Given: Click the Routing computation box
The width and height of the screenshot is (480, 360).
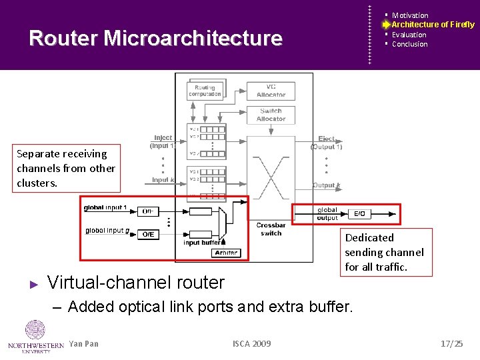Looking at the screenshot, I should [205, 90].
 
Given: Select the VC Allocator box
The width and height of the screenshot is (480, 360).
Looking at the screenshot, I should [271, 91].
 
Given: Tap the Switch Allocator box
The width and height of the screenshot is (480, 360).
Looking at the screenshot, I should [271, 115].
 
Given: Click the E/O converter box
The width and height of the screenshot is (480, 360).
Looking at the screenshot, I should [359, 214].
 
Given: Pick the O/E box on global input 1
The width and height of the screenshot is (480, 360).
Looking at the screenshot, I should [149, 211].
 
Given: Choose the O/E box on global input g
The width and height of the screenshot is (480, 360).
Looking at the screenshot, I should [149, 234].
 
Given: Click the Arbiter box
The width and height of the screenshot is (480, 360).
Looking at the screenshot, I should [225, 253].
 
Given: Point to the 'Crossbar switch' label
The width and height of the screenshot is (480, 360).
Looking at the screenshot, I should [271, 229].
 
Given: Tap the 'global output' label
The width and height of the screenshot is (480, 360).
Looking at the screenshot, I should [327, 214].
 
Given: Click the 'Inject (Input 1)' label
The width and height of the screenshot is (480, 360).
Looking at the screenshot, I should [163, 141].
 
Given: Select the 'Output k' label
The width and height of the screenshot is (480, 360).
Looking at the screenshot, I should [326, 185].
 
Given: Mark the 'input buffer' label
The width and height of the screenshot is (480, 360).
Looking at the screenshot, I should [202, 243].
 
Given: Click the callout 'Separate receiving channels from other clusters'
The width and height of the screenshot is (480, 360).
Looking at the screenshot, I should [66, 168].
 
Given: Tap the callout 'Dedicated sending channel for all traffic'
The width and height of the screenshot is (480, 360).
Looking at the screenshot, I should [385, 252].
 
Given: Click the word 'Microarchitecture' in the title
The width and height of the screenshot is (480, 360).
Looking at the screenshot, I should [193, 38].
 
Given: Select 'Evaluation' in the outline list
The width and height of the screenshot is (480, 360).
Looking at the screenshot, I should [409, 35].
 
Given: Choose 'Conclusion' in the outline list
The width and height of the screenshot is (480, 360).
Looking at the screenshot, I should [409, 44].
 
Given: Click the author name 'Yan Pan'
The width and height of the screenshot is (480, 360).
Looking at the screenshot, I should [83, 344].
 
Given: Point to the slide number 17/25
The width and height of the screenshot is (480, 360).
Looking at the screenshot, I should [451, 343].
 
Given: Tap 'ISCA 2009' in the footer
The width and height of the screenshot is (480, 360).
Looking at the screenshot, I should [251, 343].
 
